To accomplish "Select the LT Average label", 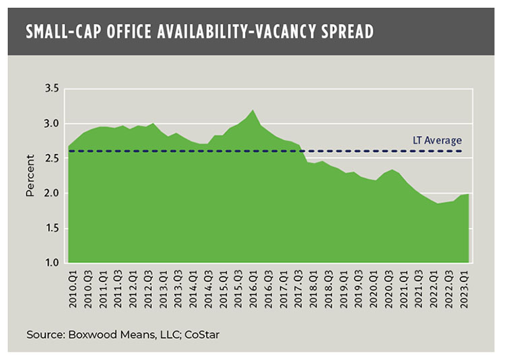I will (437, 141).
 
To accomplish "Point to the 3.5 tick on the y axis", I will (52, 89).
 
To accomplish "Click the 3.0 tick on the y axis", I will (52, 124).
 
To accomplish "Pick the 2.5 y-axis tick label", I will (52, 159).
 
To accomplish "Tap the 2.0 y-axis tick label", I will (52, 193).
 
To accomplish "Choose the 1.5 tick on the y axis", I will (52, 228).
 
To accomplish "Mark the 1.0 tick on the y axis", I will (52, 263).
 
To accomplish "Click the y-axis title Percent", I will (30, 176).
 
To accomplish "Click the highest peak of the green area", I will (252, 111).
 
